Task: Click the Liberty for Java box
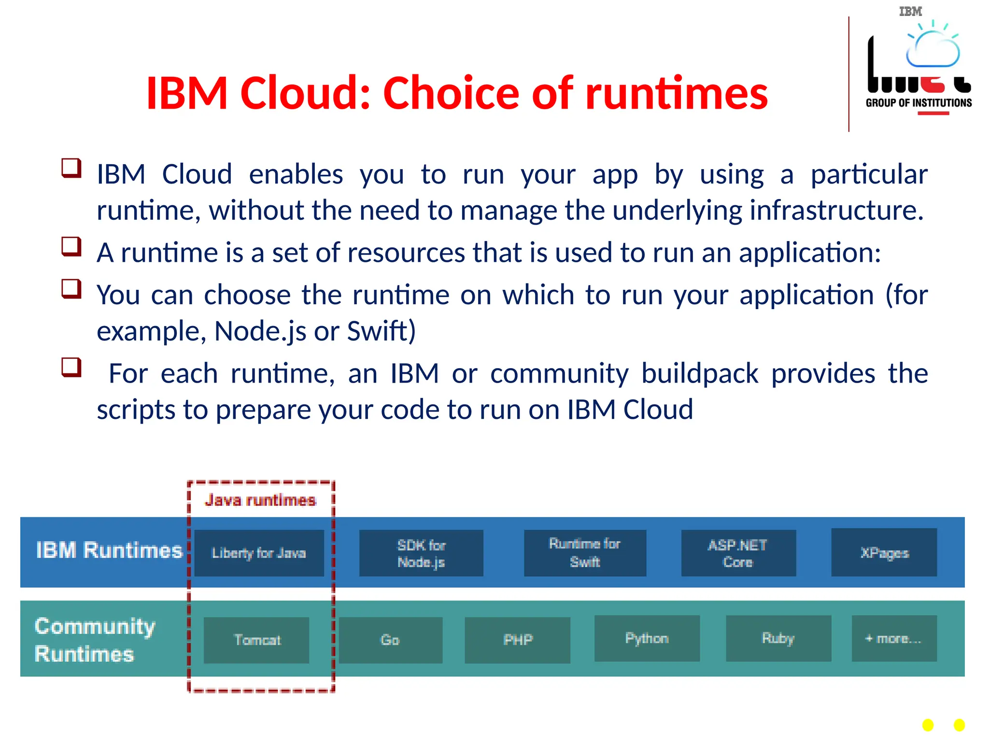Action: (x=259, y=553)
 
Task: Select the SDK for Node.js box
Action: (x=421, y=553)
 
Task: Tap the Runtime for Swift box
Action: (x=585, y=553)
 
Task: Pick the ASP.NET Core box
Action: (x=738, y=553)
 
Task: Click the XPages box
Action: (x=884, y=553)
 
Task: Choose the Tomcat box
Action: (x=256, y=640)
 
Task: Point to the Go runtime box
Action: (x=390, y=640)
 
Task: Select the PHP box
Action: (x=517, y=640)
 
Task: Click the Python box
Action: (x=647, y=639)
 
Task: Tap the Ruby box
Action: (x=778, y=639)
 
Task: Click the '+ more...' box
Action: (x=894, y=639)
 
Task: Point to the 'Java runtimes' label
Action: (x=260, y=500)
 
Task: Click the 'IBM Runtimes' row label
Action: (x=109, y=550)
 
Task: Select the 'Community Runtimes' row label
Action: (x=95, y=640)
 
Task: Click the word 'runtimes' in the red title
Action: (x=676, y=93)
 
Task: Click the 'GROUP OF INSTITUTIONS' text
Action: (x=918, y=103)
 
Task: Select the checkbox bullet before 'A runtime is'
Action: (x=71, y=246)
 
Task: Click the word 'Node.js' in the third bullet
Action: (x=260, y=331)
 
